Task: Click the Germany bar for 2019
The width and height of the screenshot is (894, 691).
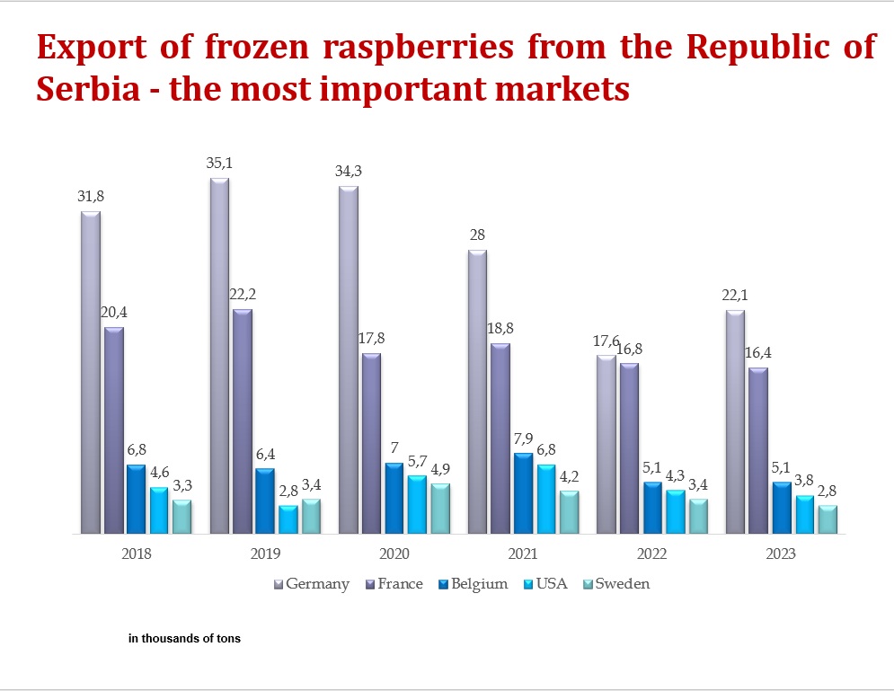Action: [219, 356]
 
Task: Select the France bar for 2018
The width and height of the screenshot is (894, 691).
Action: [114, 430]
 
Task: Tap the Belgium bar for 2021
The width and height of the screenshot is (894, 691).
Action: [523, 493]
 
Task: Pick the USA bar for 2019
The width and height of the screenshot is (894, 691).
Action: [288, 519]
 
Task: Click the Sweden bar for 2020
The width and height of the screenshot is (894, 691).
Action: [440, 509]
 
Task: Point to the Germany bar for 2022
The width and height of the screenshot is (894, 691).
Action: [606, 445]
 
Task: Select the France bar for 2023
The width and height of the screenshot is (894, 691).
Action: [758, 450]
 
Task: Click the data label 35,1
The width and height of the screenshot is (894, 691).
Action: [219, 164]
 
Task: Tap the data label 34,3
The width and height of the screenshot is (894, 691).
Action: [348, 171]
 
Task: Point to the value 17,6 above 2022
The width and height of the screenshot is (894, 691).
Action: [606, 341]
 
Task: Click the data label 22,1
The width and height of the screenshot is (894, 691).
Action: [735, 296]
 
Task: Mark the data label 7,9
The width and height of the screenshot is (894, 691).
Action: [523, 439]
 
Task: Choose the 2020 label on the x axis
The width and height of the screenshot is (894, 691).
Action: [394, 554]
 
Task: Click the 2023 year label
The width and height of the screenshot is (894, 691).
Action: [781, 554]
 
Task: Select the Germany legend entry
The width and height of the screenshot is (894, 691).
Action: [317, 584]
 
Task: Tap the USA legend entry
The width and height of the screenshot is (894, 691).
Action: [552, 584]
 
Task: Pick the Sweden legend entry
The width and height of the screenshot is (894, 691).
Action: [622, 584]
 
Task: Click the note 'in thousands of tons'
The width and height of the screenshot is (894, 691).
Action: [184, 639]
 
